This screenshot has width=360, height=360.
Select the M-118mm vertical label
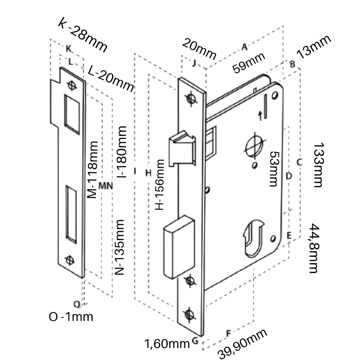tap(92, 170)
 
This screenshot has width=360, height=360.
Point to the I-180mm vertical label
tap(122, 152)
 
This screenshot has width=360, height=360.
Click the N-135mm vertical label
tap(120, 247)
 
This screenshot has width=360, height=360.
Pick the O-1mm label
tap(71, 317)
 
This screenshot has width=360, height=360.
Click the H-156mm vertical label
tap(160, 185)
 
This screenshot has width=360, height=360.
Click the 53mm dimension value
tap(275, 169)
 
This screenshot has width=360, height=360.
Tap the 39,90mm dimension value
tap(243, 345)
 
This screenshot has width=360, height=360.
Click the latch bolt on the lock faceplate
tap(182, 148)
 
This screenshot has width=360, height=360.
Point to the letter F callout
tap(228, 333)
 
